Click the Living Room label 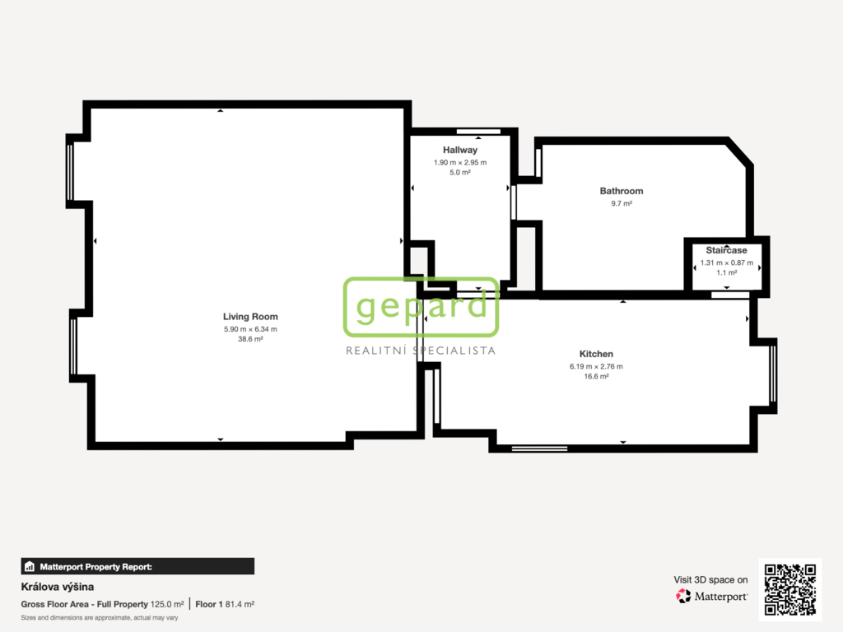pos(250,317)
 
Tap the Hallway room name pos(460,150)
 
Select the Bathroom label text pos(622,191)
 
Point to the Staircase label pos(726,250)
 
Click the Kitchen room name pos(596,354)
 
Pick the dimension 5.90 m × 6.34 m pos(250,329)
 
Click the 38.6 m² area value pos(250,339)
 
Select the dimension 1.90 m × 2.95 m pos(460,162)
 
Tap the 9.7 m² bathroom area pos(622,203)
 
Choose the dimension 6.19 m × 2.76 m pos(596,366)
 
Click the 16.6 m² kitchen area pos(596,376)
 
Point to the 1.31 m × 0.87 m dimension pos(726,263)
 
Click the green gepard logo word pos(421,306)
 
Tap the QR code pos(790,589)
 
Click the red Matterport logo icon pos(683,596)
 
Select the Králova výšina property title pos(58,587)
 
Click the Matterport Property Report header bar pos(137,566)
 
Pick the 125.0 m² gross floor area pos(167,604)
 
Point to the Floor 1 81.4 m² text pos(225,604)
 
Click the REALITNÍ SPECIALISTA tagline pos(421,351)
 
